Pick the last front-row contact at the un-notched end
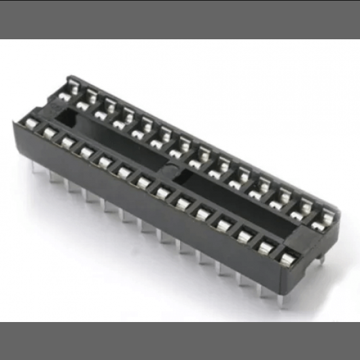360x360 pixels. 285,258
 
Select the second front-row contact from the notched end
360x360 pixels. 48,133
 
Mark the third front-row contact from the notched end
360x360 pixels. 67,141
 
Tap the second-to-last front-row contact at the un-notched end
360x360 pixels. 266,247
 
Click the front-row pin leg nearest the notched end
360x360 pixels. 33,168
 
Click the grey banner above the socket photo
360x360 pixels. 180,20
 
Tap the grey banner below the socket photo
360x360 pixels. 180,340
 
